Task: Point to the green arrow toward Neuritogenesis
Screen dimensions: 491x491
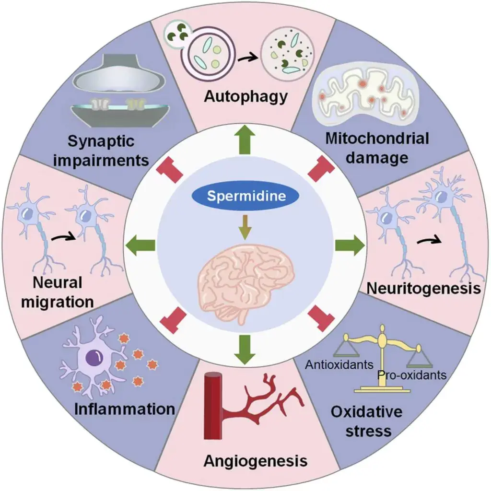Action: coord(349,245)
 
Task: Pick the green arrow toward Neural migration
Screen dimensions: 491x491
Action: coord(140,245)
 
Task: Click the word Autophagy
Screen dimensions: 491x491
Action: coord(245,96)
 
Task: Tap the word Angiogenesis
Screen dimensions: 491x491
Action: coord(255,461)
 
